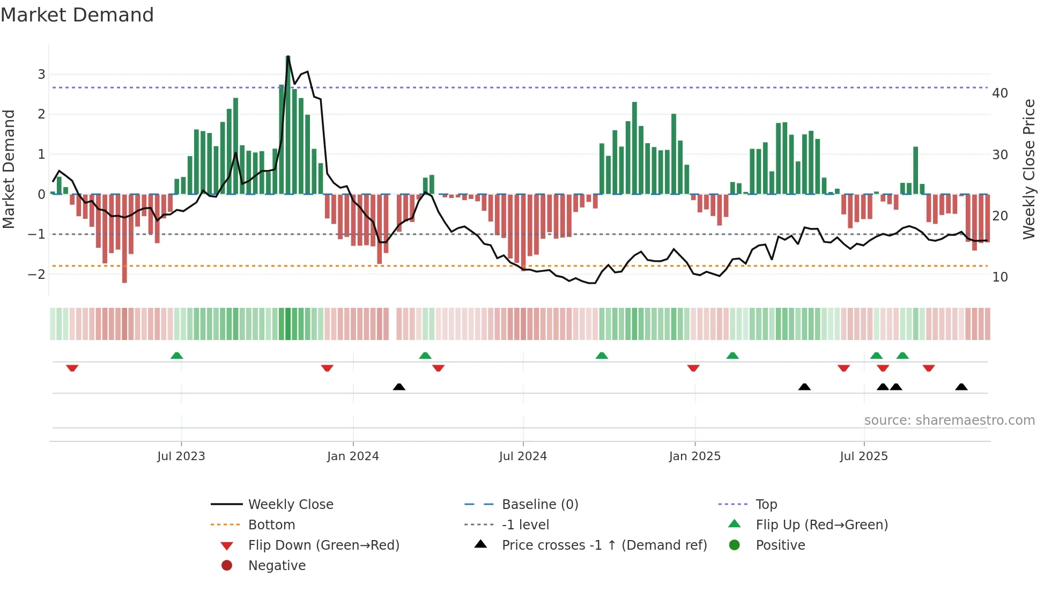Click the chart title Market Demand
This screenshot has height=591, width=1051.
point(77,15)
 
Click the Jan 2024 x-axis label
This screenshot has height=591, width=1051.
point(353,456)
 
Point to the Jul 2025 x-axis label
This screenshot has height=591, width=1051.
point(863,456)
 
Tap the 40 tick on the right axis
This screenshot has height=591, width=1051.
point(1000,93)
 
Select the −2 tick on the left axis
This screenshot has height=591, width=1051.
point(36,275)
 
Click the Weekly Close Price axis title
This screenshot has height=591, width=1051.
point(1029,169)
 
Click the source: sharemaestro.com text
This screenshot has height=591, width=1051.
point(949,420)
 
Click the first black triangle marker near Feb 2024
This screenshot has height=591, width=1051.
point(399,387)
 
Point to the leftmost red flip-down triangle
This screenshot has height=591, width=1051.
point(72,368)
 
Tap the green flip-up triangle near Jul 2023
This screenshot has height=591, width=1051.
point(176,355)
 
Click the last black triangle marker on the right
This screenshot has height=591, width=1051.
point(961,387)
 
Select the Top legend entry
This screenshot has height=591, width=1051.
point(766,505)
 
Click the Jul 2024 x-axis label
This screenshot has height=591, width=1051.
point(523,456)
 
